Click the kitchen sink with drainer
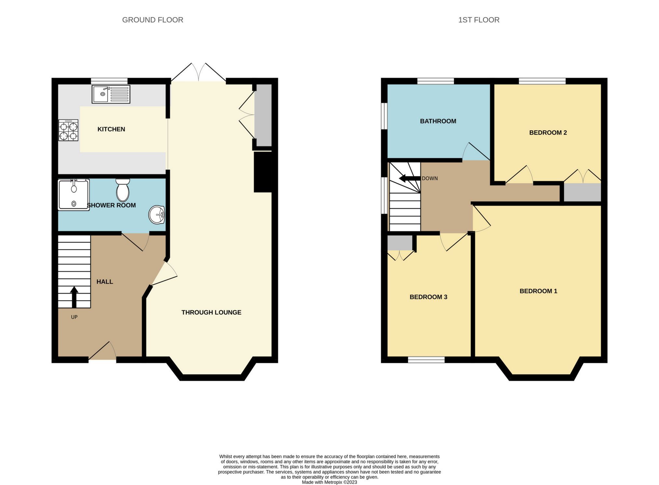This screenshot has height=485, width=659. [111, 94]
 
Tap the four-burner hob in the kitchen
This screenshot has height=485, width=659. [68, 130]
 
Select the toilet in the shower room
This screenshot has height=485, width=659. [123, 190]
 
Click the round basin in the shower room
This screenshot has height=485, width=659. [157, 215]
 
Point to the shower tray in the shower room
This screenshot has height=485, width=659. [74, 195]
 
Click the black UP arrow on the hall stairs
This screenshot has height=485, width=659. [74, 297]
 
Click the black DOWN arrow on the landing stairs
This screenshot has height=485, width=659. [409, 178]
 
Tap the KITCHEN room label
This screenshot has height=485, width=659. [111, 129]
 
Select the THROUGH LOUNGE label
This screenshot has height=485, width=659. [211, 312]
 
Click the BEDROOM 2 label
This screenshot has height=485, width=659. [548, 132]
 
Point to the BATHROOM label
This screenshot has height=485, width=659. [438, 121]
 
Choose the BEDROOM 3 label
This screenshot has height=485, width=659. [428, 297]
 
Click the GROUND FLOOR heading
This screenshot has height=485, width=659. [152, 20]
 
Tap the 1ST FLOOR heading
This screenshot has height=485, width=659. [478, 20]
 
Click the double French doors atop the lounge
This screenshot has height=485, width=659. [199, 73]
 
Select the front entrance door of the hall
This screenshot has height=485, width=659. [102, 352]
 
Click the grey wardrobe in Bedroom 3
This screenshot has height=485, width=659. [400, 243]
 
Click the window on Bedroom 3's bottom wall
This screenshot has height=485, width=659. [426, 359]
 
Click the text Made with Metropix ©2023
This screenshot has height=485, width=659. [329, 482]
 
